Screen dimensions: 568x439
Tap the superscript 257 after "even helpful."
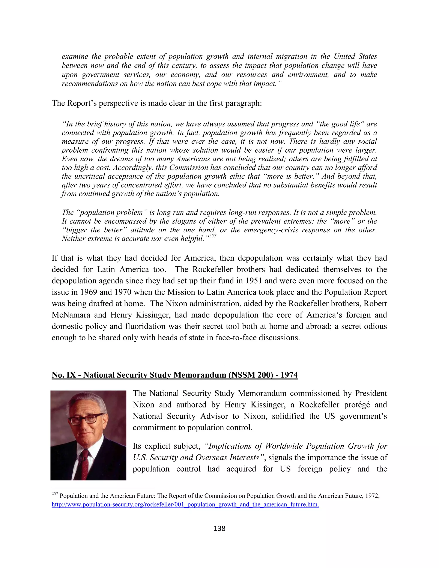(x=213, y=236)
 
